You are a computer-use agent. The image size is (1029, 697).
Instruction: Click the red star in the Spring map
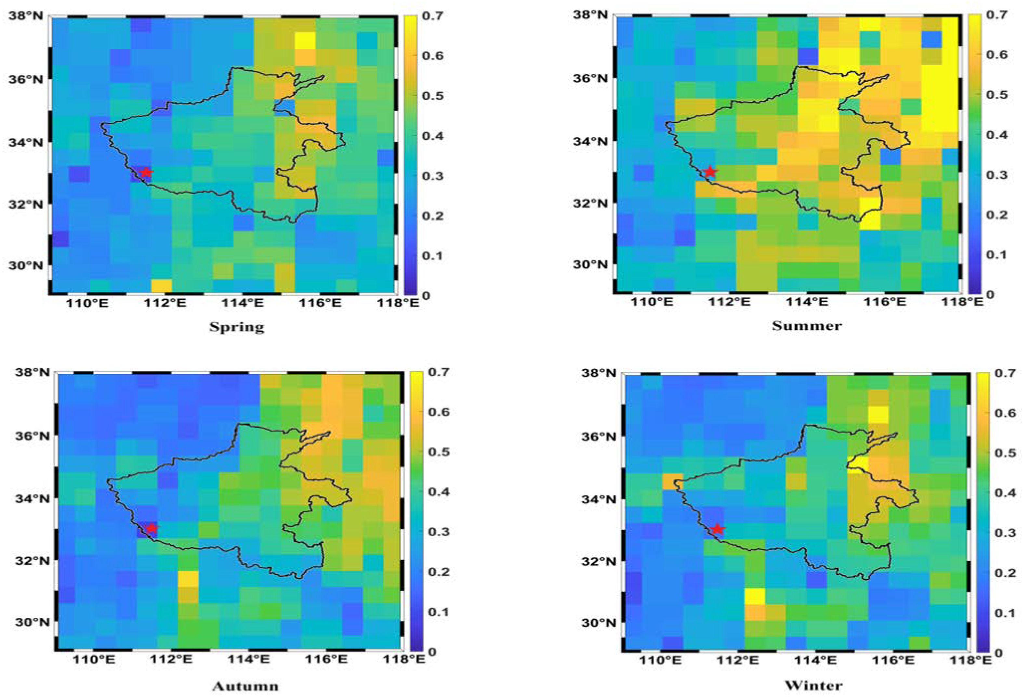point(146,173)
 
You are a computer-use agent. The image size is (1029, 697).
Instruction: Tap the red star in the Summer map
point(710,172)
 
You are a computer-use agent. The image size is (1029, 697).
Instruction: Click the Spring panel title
point(237,327)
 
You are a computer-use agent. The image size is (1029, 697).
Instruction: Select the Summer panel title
point(807,326)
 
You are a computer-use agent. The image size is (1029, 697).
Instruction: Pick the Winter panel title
point(814,686)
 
